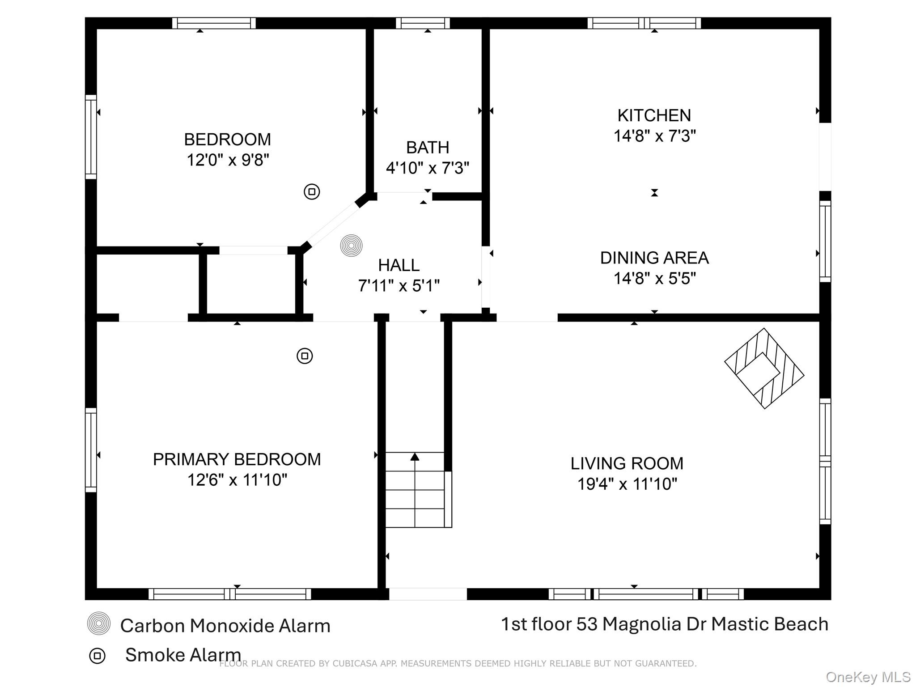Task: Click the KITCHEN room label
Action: [x=654, y=115]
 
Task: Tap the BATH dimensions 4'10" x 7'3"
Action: [x=428, y=168]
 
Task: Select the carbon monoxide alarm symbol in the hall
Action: [x=351, y=246]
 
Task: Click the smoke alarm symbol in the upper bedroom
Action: [x=312, y=192]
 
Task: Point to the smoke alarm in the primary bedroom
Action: [x=305, y=356]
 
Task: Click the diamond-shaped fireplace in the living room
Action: [x=764, y=369]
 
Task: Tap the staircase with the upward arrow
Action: [x=415, y=490]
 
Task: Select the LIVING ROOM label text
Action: [x=627, y=463]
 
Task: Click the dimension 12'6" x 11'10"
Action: [x=237, y=480]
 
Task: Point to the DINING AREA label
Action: [x=654, y=258]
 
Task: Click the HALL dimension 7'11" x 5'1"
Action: [x=399, y=286]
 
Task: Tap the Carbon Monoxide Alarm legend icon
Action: [x=98, y=623]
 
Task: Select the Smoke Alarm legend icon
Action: [x=97, y=656]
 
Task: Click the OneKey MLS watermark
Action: [x=868, y=677]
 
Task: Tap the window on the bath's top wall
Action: [x=423, y=23]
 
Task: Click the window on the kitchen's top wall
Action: [x=644, y=23]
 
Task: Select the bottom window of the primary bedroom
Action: [x=229, y=594]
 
